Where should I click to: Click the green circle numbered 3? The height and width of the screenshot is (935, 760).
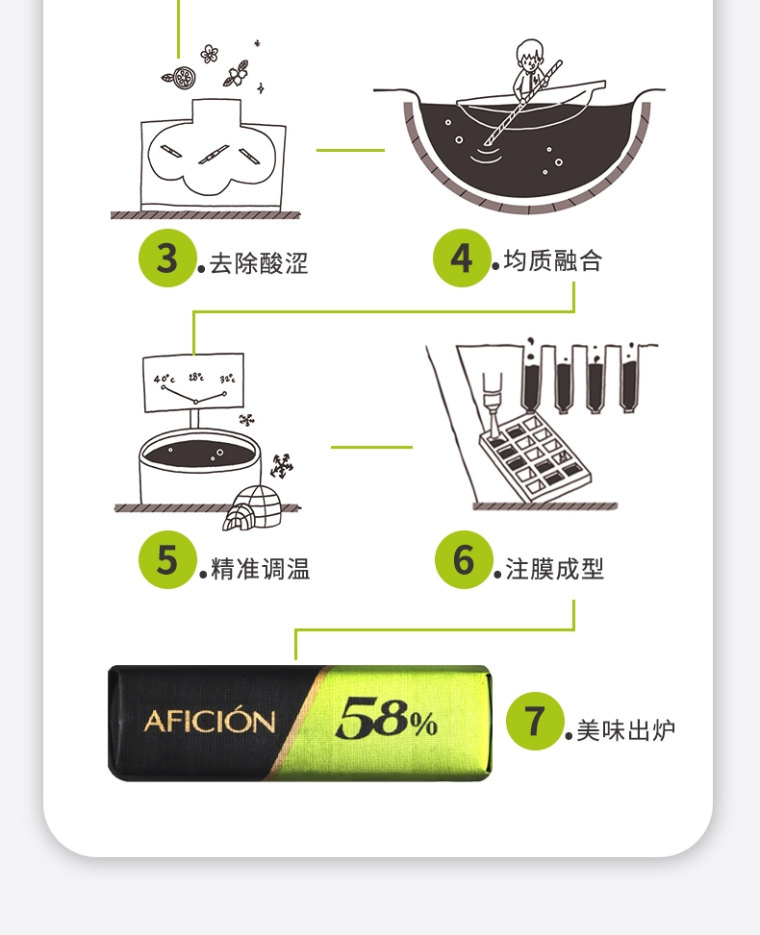[167, 258]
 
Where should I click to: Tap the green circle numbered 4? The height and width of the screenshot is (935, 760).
[462, 258]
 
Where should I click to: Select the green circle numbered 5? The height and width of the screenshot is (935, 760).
[167, 559]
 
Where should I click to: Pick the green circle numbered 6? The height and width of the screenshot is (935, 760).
[464, 559]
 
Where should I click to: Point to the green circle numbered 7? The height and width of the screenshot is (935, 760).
[535, 721]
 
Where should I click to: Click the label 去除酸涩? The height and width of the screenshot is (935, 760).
[259, 263]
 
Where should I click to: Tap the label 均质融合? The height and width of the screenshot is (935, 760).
[553, 260]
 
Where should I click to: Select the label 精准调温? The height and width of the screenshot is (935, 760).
[261, 568]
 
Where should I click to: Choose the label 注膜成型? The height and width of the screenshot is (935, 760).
[555, 568]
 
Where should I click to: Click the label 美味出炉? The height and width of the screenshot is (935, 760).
[625, 730]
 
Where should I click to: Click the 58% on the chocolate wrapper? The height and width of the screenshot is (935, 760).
[387, 718]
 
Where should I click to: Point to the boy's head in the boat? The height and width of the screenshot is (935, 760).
[528, 54]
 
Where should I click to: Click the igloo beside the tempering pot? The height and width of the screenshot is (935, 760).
[253, 507]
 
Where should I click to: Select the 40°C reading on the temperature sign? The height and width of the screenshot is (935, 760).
[165, 379]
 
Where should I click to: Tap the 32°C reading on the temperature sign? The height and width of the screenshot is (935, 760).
[227, 379]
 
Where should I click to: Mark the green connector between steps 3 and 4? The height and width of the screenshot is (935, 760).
[350, 150]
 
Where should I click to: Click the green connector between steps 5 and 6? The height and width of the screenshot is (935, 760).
[371, 447]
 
